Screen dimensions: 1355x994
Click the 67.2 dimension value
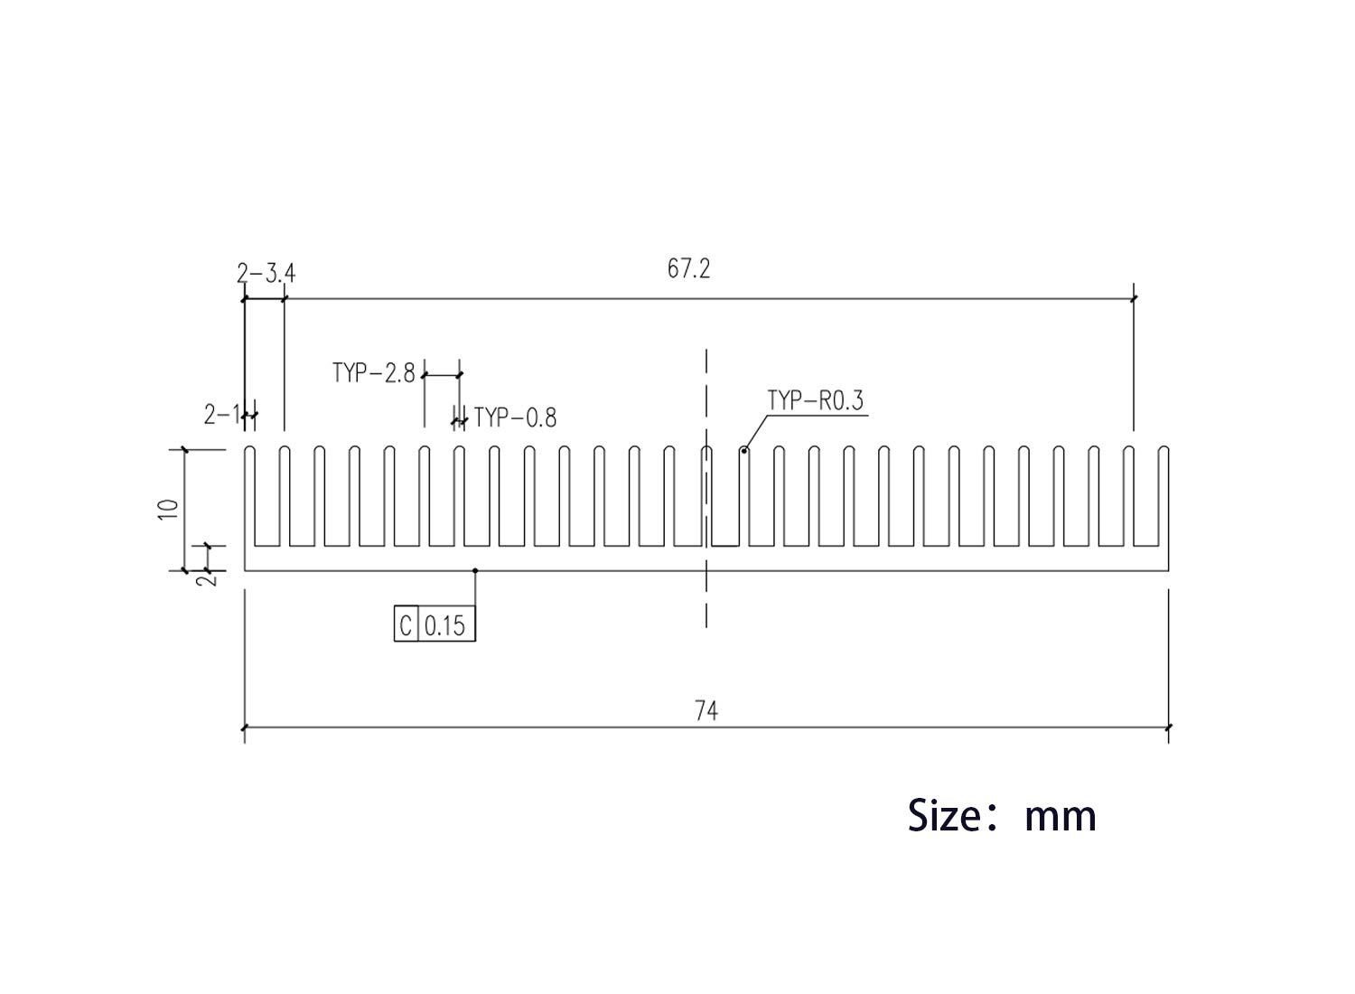pos(688,268)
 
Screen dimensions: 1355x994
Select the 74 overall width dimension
pos(706,711)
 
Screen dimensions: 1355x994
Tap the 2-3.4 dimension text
pos(266,274)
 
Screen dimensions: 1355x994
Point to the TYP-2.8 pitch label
pos(374,372)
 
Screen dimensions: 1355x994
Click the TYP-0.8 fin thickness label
pos(515,417)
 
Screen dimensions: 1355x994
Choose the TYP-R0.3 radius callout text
pos(816,400)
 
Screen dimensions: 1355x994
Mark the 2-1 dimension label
pos(221,415)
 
